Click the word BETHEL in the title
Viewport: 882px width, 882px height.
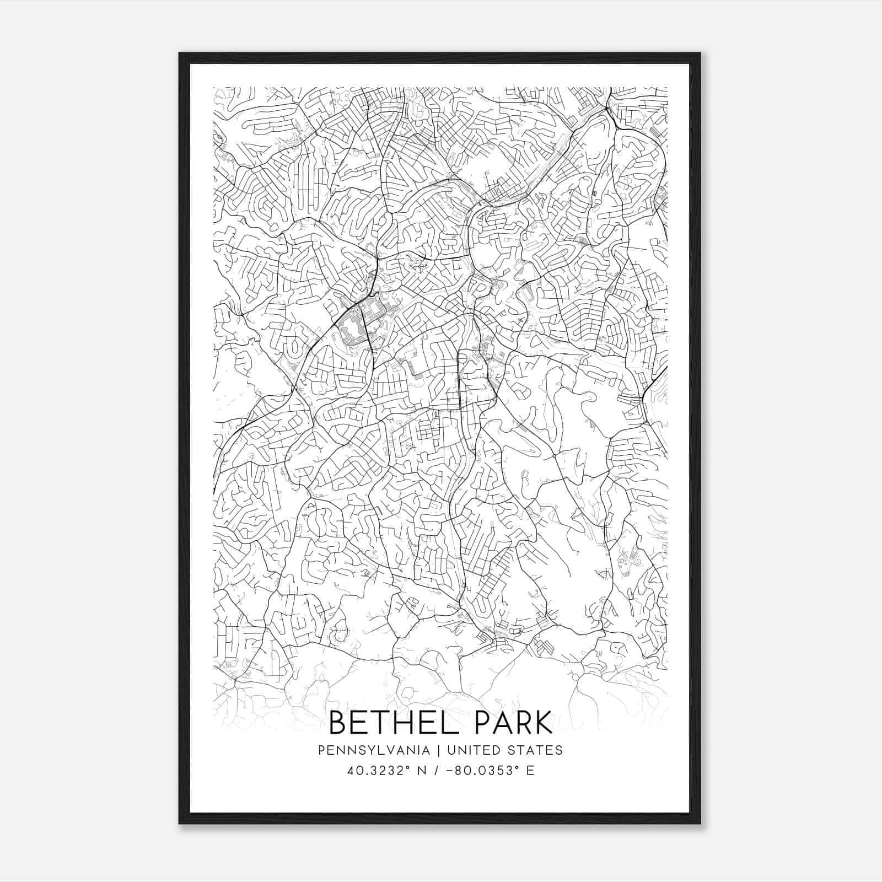390,723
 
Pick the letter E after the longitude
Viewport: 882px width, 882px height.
530,771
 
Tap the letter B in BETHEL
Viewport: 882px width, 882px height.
337,723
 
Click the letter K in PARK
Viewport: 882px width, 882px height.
543,723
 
